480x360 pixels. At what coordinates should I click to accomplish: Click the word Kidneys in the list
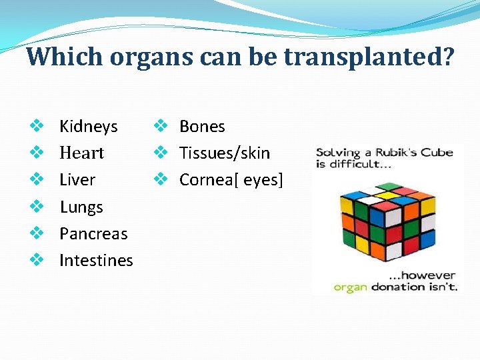point(88,127)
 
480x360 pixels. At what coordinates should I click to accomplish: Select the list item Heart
point(81,153)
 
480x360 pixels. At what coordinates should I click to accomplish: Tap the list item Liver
point(77,180)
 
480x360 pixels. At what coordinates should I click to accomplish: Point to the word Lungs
point(81,207)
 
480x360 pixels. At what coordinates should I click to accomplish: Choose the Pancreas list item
point(93,234)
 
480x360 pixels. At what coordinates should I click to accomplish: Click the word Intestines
point(96,261)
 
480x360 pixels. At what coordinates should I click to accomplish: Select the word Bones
point(202,127)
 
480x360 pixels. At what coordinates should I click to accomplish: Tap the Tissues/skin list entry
point(225,153)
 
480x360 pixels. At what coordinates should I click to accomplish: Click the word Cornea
point(203,180)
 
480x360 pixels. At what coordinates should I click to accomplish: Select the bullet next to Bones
point(159,126)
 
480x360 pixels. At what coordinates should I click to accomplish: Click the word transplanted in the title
point(369,57)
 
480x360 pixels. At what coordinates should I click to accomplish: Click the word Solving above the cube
point(338,153)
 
